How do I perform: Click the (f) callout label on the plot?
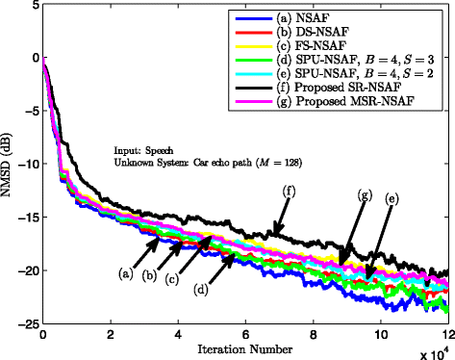[289, 192]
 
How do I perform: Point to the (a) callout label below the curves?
[126, 273]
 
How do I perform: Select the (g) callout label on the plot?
[364, 194]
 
